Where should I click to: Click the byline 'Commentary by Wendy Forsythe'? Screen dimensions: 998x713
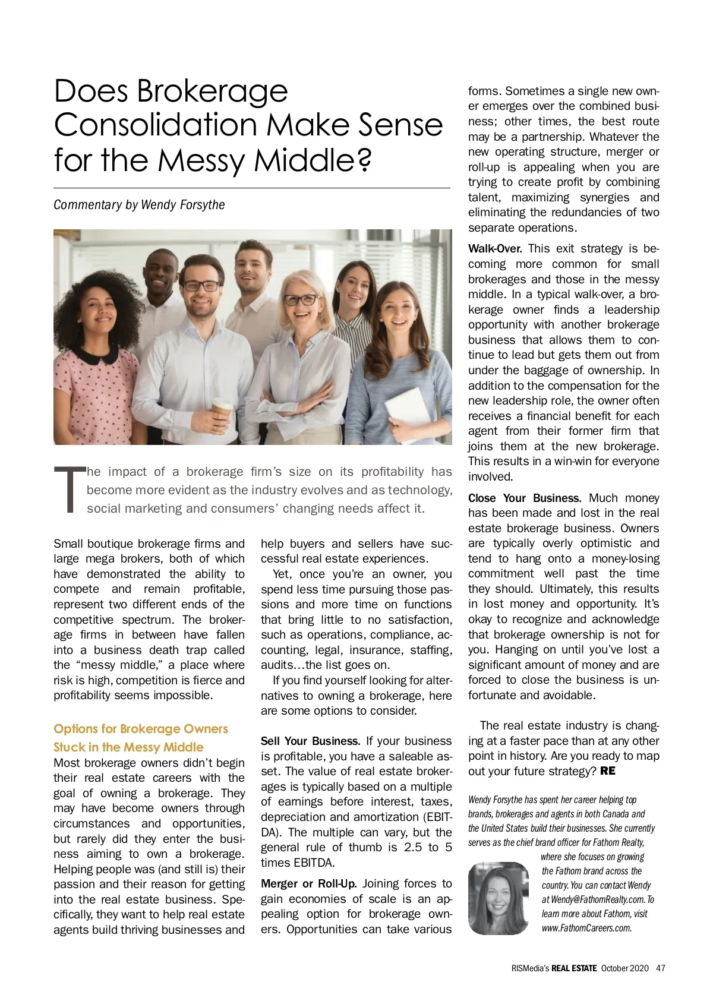click(139, 205)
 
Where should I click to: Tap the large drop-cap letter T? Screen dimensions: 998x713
click(69, 489)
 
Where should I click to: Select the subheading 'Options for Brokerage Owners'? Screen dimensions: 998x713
click(141, 729)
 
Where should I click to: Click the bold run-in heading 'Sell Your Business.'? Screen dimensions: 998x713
click(310, 741)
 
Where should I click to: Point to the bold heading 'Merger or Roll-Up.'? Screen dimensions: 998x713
click(308, 884)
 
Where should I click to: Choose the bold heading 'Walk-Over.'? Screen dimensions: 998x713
click(495, 249)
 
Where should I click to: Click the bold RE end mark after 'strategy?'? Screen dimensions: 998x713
click(608, 771)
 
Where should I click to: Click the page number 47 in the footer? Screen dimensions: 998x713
click(661, 968)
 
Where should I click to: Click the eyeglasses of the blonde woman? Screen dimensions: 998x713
click(301, 299)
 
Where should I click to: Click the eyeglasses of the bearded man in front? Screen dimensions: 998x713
click(201, 286)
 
